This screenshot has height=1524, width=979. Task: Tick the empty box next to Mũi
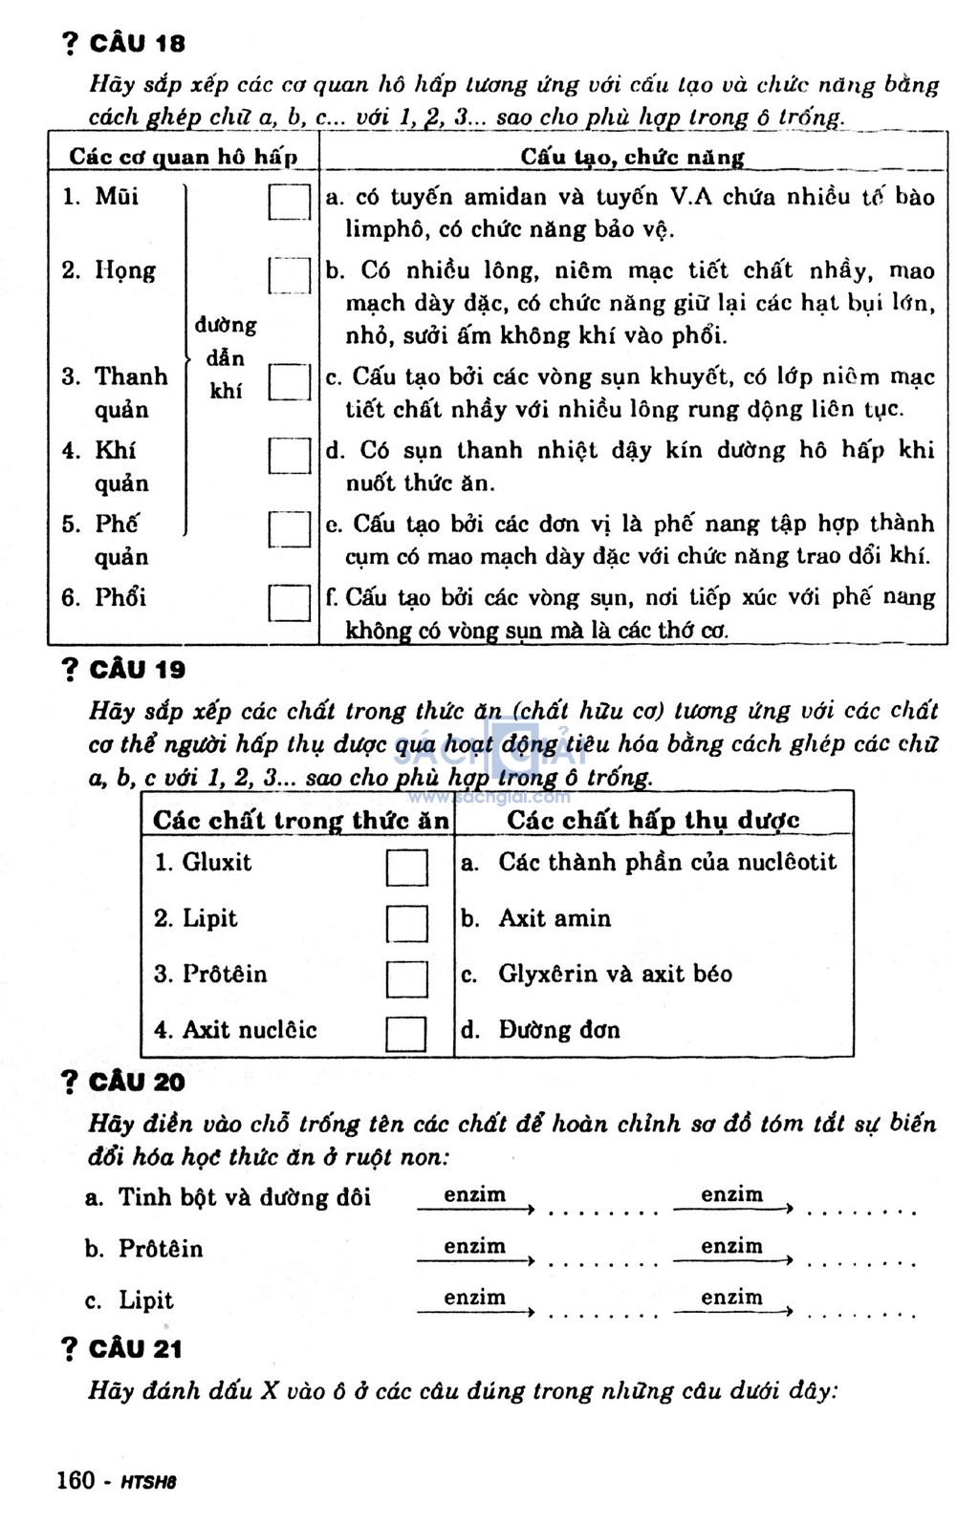pyautogui.click(x=289, y=202)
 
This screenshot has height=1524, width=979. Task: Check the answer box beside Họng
pyautogui.click(x=289, y=275)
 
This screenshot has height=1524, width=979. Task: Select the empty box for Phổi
pyautogui.click(x=289, y=602)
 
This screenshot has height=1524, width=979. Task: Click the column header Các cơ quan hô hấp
pyautogui.click(x=183, y=157)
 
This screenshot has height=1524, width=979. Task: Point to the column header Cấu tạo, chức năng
pyautogui.click(x=632, y=157)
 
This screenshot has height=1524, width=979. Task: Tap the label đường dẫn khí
pyautogui.click(x=227, y=358)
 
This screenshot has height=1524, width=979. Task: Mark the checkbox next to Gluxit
pyautogui.click(x=406, y=868)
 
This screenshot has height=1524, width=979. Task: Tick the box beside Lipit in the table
pyautogui.click(x=406, y=923)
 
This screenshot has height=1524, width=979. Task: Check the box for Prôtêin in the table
pyautogui.click(x=406, y=978)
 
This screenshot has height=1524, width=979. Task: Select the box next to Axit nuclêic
pyautogui.click(x=406, y=1034)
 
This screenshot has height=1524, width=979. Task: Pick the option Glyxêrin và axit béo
pyautogui.click(x=615, y=975)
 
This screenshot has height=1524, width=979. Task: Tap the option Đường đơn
pyautogui.click(x=558, y=1030)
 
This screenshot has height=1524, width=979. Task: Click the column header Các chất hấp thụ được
pyautogui.click(x=653, y=821)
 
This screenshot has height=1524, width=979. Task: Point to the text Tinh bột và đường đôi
pyautogui.click(x=244, y=1198)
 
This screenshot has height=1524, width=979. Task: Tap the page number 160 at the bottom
pyautogui.click(x=76, y=1480)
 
